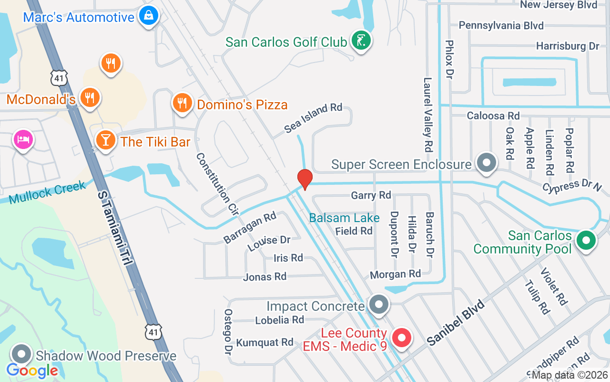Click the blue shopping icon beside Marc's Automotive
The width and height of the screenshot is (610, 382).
click(149, 16)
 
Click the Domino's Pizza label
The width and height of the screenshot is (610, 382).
click(242, 104)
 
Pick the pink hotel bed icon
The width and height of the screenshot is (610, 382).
click(23, 139)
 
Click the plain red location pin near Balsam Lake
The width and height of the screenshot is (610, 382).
click(305, 179)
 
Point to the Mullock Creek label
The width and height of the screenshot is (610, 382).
click(47, 191)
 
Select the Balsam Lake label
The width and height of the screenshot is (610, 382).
click(344, 218)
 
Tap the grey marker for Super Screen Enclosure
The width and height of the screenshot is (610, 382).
click(487, 163)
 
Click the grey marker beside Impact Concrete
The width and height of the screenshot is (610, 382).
click(379, 304)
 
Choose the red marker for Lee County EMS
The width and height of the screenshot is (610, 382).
click(401, 338)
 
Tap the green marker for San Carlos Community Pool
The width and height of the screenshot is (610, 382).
click(586, 240)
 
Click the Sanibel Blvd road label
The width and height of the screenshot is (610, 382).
click(456, 322)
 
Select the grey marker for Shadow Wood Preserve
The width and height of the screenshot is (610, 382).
click(21, 355)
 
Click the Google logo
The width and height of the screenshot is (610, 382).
click(32, 370)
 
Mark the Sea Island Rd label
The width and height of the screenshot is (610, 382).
click(313, 118)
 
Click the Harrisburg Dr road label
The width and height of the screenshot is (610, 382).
click(567, 46)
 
